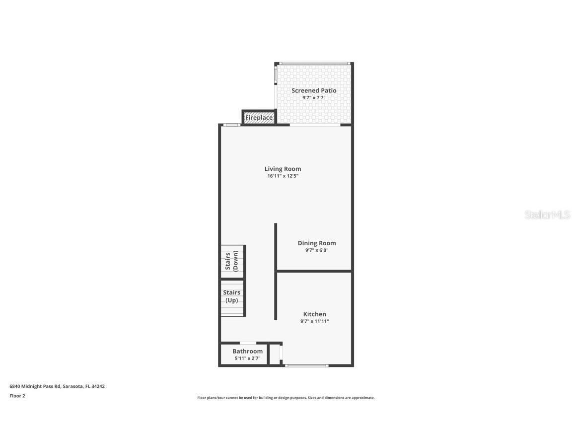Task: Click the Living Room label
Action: click(283, 169)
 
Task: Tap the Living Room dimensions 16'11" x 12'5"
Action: click(283, 176)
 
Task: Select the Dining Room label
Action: click(317, 243)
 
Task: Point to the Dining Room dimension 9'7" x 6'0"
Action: click(317, 250)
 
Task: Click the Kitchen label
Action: click(315, 314)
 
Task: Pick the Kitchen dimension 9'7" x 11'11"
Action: click(315, 321)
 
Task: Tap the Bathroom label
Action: click(247, 351)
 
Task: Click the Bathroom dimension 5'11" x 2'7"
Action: click(247, 358)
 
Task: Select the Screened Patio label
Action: click(314, 90)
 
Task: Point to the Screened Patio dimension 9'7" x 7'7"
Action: click(314, 98)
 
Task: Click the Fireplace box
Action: click(259, 118)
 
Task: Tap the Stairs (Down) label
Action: click(232, 261)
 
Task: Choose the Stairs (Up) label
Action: click(232, 296)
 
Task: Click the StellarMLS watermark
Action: click(548, 215)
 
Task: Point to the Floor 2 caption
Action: click(17, 396)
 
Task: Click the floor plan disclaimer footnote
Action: click(286, 398)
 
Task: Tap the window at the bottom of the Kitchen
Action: click(307, 366)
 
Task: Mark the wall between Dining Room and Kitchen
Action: click(314, 271)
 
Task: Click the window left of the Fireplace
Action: click(231, 125)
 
